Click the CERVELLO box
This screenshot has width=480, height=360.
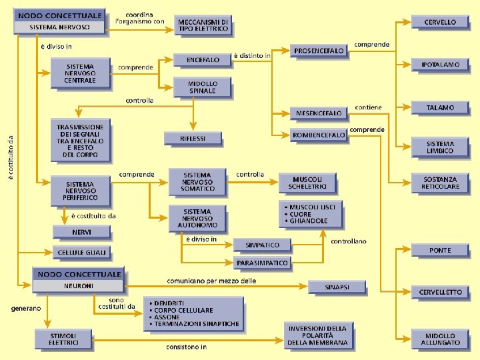440,22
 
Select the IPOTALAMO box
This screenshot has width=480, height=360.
440,65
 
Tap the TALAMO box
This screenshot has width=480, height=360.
440,107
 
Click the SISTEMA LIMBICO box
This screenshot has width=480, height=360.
440,147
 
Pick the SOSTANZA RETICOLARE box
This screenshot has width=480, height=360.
440,183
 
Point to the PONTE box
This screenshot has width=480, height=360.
440,250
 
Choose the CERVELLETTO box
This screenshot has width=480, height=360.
440,292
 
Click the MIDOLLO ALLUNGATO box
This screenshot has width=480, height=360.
440,339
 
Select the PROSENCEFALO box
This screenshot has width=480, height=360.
319,51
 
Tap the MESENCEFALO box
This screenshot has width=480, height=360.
319,113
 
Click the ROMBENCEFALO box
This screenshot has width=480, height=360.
319,135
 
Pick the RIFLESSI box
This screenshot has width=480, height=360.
193,138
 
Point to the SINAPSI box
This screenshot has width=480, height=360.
337,287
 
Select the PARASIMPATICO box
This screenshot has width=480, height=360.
262,263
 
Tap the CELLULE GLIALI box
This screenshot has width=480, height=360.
82,253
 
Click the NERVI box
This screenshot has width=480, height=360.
82,231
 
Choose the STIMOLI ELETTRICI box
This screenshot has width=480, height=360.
63,339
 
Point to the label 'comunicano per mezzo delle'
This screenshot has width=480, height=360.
211,281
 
